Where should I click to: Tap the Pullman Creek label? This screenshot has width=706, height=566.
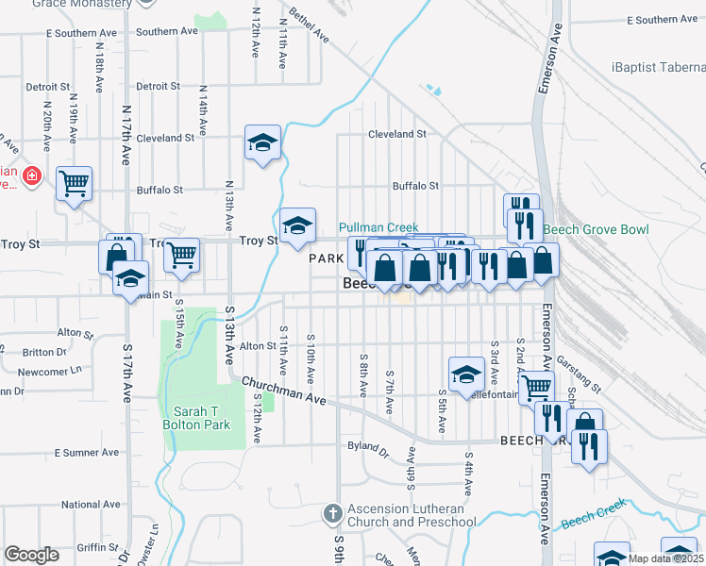[x=378, y=227]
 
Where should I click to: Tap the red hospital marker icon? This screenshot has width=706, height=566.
[x=31, y=175]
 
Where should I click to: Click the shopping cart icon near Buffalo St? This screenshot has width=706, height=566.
[x=74, y=182]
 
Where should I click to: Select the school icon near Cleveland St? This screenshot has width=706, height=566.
[x=262, y=142]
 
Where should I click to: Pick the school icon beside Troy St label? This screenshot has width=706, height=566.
[x=297, y=225]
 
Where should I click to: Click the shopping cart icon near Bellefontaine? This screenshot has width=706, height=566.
[x=535, y=385]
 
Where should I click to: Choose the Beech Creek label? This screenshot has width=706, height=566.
[x=593, y=514]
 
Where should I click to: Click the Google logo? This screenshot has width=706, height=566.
[x=31, y=555]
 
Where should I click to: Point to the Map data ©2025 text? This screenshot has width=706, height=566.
[x=665, y=558]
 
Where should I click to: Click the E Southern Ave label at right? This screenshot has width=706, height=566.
[x=665, y=19]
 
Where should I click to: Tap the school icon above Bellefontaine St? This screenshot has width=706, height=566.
[x=466, y=375]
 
